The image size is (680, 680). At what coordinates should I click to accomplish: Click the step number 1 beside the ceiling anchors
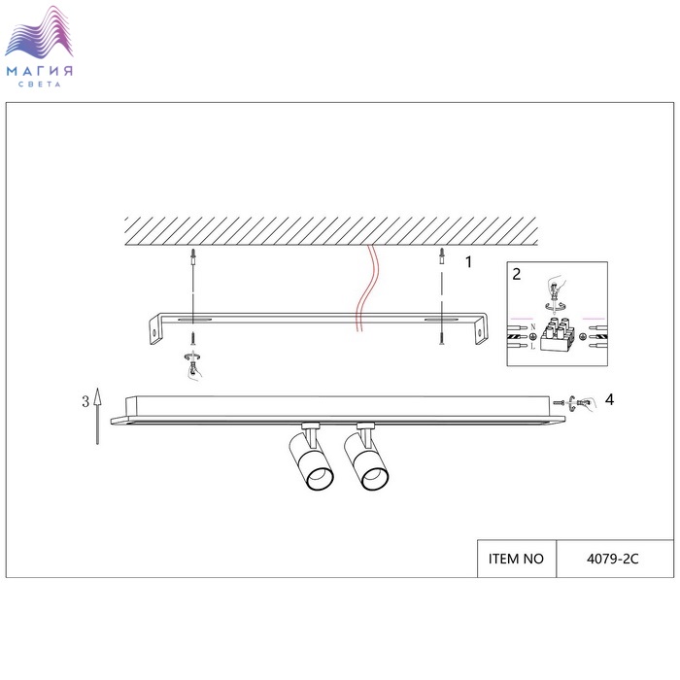coord(468,261)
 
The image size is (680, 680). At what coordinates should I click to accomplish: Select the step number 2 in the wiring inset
coord(517,274)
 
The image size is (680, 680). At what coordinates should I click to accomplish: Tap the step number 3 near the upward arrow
coord(85,400)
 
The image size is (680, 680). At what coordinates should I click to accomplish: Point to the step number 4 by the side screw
coord(609,398)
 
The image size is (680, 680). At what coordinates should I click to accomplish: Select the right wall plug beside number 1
coord(442,258)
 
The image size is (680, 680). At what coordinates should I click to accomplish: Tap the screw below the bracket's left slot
coord(194,339)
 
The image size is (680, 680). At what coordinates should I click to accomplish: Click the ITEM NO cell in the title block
coord(516,559)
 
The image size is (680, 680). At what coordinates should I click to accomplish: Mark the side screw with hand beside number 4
coord(575,402)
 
